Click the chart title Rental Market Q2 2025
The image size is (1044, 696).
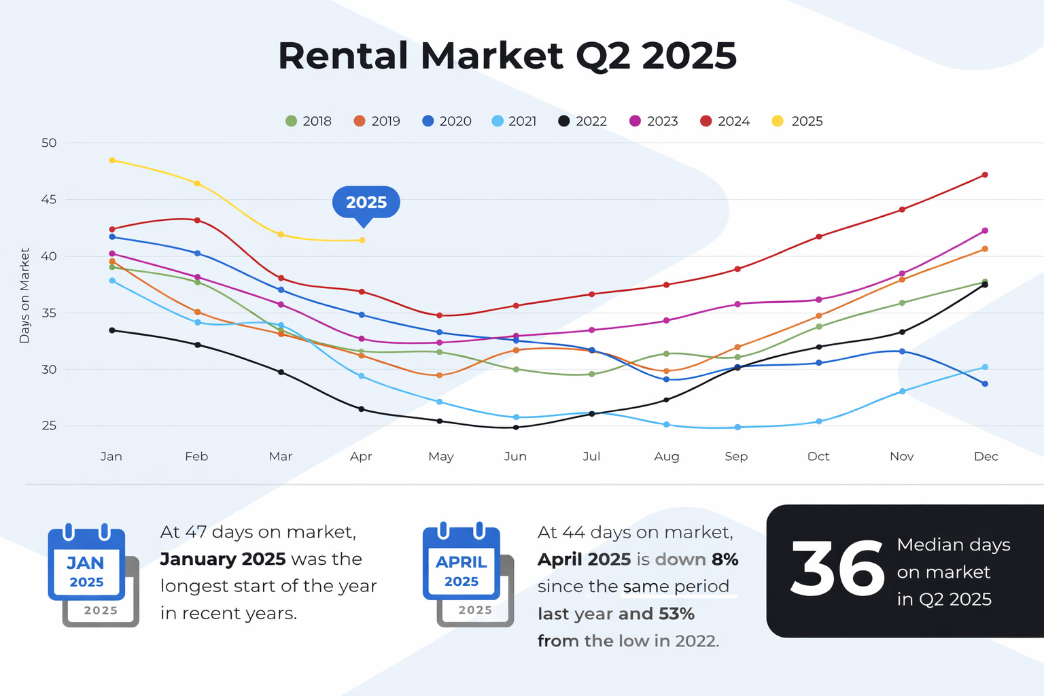pyautogui.click(x=507, y=56)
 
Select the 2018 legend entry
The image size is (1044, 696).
pyautogui.click(x=309, y=121)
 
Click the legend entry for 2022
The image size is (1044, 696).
pyautogui.click(x=582, y=121)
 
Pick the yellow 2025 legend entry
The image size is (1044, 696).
pyautogui.click(x=797, y=121)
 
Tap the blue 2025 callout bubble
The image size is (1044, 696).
pyautogui.click(x=366, y=203)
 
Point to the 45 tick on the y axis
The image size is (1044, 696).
pyautogui.click(x=49, y=200)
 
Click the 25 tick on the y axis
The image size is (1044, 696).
pyautogui.click(x=49, y=426)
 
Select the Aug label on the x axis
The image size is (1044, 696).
pyautogui.click(x=666, y=456)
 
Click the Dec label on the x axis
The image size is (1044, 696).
pyautogui.click(x=986, y=456)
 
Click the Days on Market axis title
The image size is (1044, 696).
pyautogui.click(x=25, y=296)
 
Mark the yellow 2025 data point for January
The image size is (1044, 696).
pyautogui.click(x=112, y=160)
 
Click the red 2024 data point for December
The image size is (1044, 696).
pyautogui.click(x=985, y=175)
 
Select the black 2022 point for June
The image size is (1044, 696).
pyautogui.click(x=516, y=428)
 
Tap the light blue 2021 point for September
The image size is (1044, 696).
pyautogui.click(x=737, y=428)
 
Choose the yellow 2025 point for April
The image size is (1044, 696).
pyautogui.click(x=362, y=240)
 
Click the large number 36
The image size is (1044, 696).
pyautogui.click(x=837, y=570)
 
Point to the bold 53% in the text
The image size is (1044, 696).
pyautogui.click(x=676, y=614)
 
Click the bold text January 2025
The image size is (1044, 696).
pyautogui.click(x=222, y=559)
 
